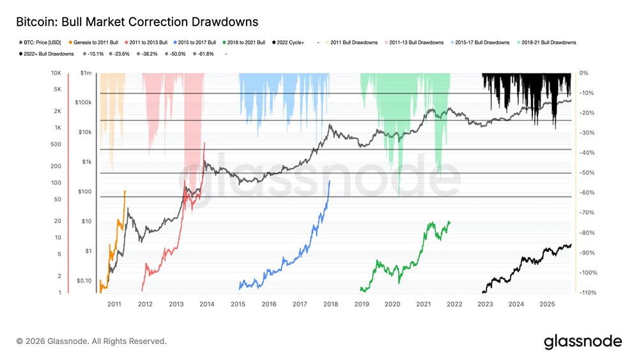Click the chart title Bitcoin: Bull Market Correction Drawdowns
coord(137,22)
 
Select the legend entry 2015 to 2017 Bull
coord(197,42)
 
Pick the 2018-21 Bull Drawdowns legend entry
coord(548,42)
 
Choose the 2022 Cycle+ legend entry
coord(290,42)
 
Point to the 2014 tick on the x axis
coord(206,304)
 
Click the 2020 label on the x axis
coord(393,304)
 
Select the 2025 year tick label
coord(548,304)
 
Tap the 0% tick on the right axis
coord(583,73)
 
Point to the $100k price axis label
coord(84,102)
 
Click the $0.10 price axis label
coord(84,281)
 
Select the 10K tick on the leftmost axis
coord(56,73)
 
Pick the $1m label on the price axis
coord(86,73)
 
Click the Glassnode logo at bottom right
coord(582,341)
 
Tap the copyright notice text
coord(91,341)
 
